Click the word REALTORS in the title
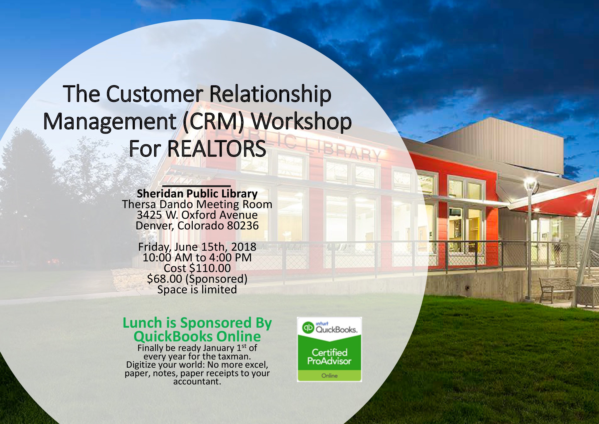coord(216,149)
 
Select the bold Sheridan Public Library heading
coord(197,194)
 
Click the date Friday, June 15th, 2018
coord(197,247)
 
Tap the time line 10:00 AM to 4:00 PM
coord(197,258)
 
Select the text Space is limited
coord(197,290)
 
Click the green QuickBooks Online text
coord(197,336)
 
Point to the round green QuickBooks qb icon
coord(308,328)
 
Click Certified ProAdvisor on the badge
coord(329,357)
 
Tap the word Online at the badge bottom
coord(329,376)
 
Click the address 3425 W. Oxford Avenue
coord(197,215)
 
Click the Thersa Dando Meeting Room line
coord(197,204)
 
